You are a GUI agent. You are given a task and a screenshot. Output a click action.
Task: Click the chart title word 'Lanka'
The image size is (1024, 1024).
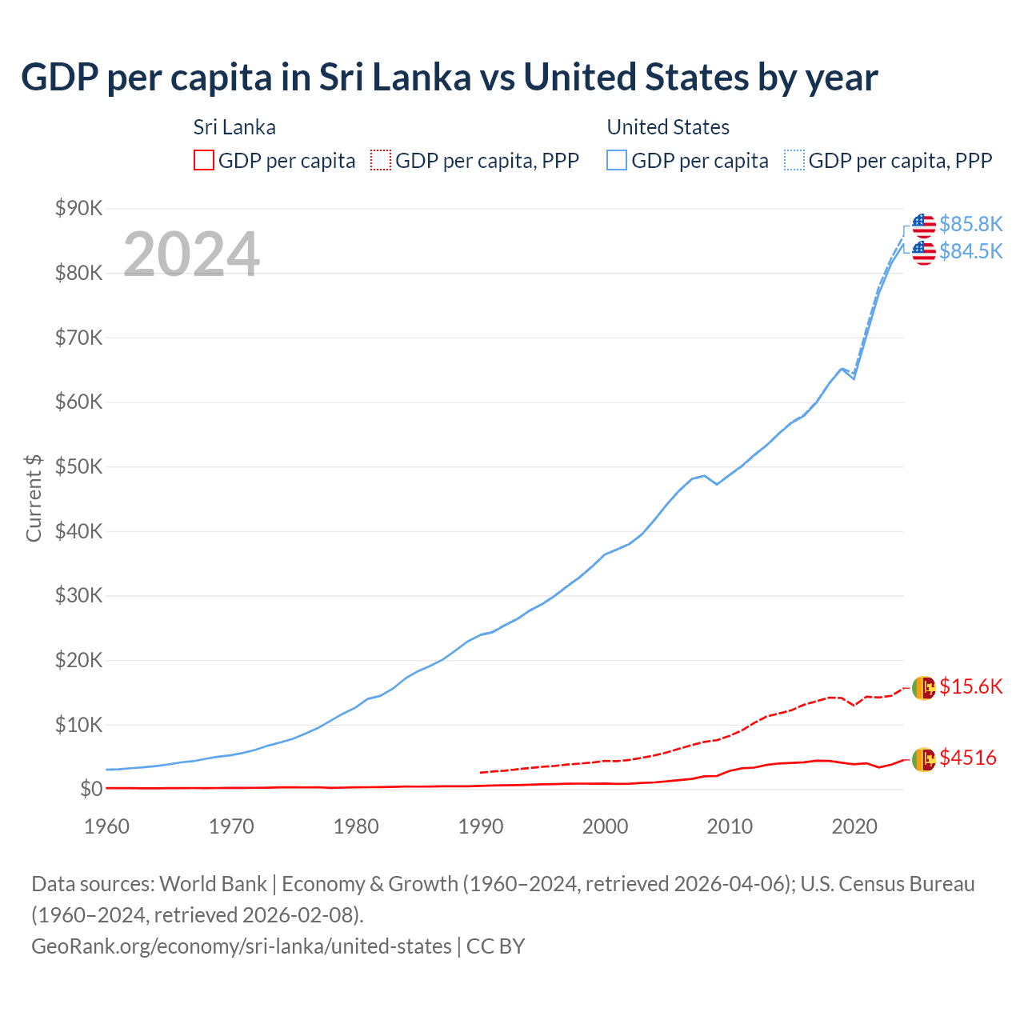(x=425, y=78)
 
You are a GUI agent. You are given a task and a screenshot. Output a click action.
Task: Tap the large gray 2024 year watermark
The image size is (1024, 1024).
(x=191, y=254)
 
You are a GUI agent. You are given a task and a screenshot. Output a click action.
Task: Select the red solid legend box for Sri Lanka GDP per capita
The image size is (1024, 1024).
(x=204, y=160)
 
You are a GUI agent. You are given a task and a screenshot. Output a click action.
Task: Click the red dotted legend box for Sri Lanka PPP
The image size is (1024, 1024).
(x=381, y=160)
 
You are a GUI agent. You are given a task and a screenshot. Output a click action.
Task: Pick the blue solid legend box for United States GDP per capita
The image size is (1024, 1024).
(x=617, y=160)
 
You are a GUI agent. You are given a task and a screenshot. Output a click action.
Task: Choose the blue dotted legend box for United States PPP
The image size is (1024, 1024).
(x=794, y=160)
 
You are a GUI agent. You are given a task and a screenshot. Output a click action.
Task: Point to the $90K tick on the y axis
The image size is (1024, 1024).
(x=78, y=209)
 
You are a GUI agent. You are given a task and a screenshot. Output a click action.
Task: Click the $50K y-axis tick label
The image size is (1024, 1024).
(x=78, y=467)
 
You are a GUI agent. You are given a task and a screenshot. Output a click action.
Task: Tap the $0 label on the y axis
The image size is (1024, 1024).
(x=91, y=790)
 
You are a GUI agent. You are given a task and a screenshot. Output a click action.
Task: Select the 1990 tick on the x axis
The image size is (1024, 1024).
(x=480, y=826)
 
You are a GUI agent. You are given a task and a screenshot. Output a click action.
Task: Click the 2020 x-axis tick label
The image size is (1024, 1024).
(x=854, y=826)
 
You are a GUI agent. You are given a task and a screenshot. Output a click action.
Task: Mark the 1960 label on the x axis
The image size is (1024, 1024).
(x=106, y=826)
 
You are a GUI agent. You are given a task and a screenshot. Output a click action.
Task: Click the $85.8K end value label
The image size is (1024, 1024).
(x=970, y=224)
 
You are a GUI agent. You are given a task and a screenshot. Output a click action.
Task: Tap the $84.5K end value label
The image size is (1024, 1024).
(x=970, y=252)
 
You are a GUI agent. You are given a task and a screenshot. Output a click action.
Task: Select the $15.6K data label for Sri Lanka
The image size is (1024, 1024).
(x=970, y=687)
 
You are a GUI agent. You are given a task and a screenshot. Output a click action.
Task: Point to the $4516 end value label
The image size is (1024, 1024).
(x=968, y=758)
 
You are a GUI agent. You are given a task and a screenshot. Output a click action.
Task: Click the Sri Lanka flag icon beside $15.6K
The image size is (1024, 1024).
(x=923, y=688)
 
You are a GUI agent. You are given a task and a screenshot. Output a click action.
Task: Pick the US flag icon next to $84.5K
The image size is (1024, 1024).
(x=923, y=253)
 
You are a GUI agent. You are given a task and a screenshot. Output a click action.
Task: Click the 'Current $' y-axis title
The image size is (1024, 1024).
(x=34, y=498)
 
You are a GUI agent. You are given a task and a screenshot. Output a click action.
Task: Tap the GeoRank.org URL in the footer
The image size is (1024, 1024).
(x=241, y=946)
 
